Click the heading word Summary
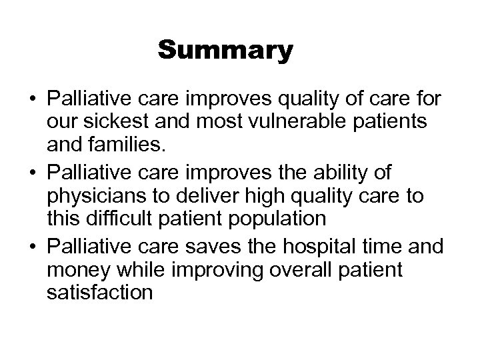point(225,51)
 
